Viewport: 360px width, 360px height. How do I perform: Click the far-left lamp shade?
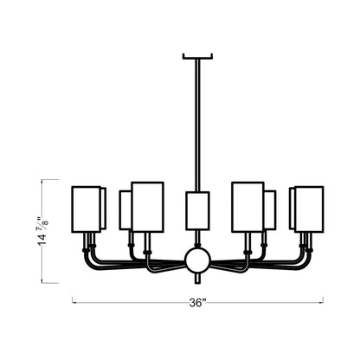(x=85, y=208)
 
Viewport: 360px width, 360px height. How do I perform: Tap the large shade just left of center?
(x=147, y=206)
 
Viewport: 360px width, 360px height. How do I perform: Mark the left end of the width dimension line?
(x=72, y=302)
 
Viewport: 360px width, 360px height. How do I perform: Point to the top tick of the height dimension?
(x=46, y=178)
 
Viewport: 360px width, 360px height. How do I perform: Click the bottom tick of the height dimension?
(x=46, y=282)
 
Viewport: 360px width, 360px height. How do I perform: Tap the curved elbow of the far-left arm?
(x=88, y=256)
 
